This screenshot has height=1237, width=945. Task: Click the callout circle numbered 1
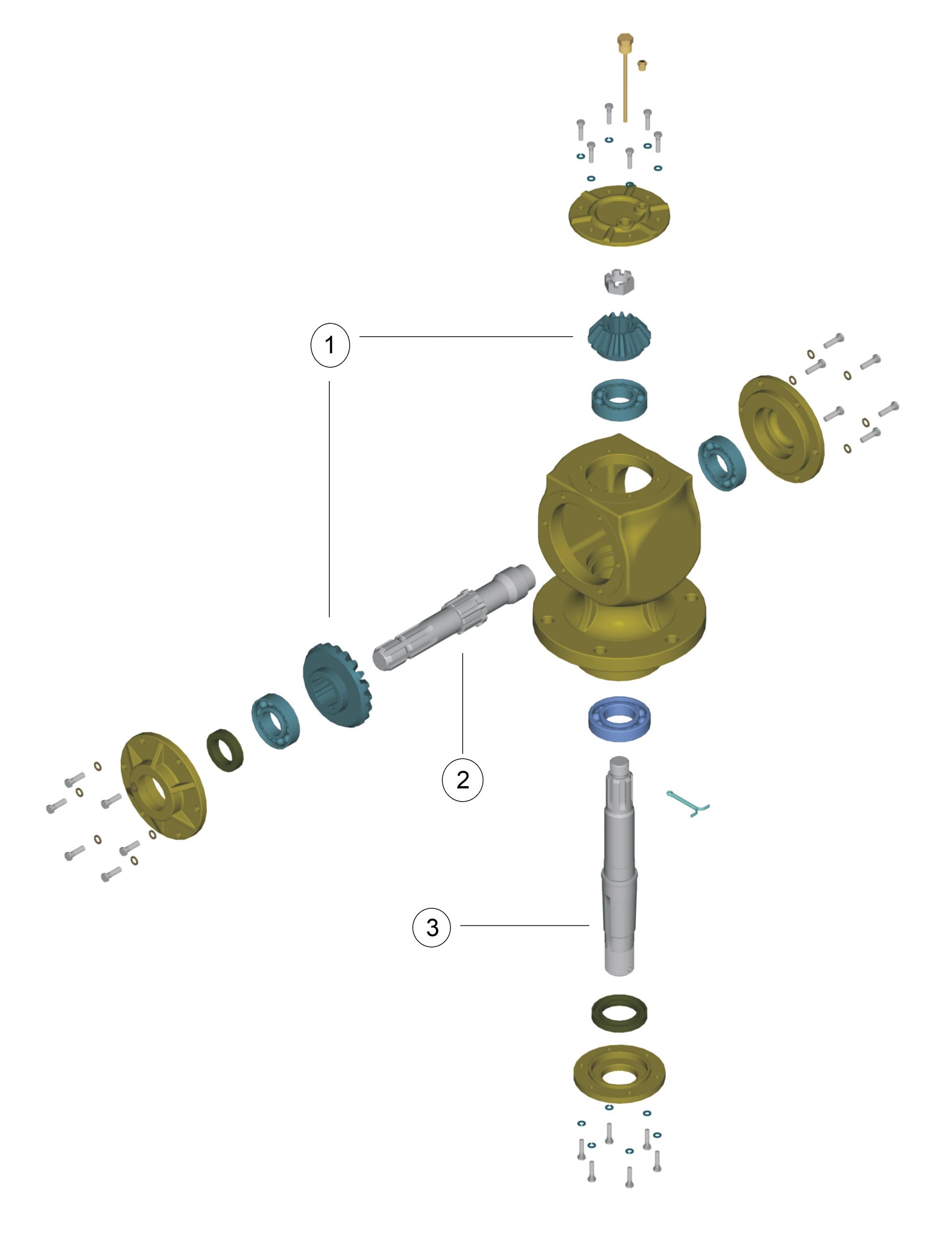[330, 345]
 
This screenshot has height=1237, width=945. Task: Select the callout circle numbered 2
[463, 779]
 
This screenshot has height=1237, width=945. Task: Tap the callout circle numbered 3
[432, 927]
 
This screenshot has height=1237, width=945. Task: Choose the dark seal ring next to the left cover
[225, 751]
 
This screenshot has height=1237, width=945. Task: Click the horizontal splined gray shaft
[453, 618]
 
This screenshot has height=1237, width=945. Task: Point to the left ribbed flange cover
[163, 786]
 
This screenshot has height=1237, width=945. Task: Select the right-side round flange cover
[781, 429]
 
